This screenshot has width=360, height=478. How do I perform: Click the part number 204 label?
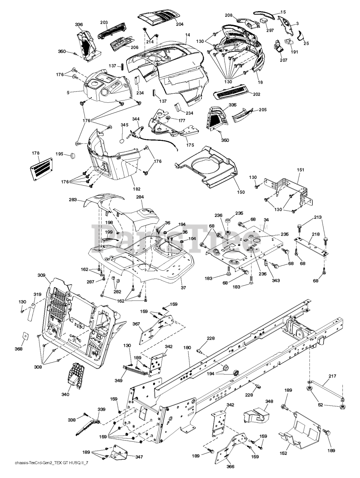point(180,24)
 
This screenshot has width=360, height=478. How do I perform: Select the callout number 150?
point(241,192)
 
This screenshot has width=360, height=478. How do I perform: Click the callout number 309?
point(41,275)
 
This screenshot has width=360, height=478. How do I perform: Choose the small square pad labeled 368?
point(25,336)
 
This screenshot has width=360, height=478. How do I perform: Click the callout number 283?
point(73,200)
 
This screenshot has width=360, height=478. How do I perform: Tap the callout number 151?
point(300,170)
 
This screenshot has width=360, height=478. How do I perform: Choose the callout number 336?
point(79,25)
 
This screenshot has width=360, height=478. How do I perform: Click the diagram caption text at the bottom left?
point(47,473)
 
